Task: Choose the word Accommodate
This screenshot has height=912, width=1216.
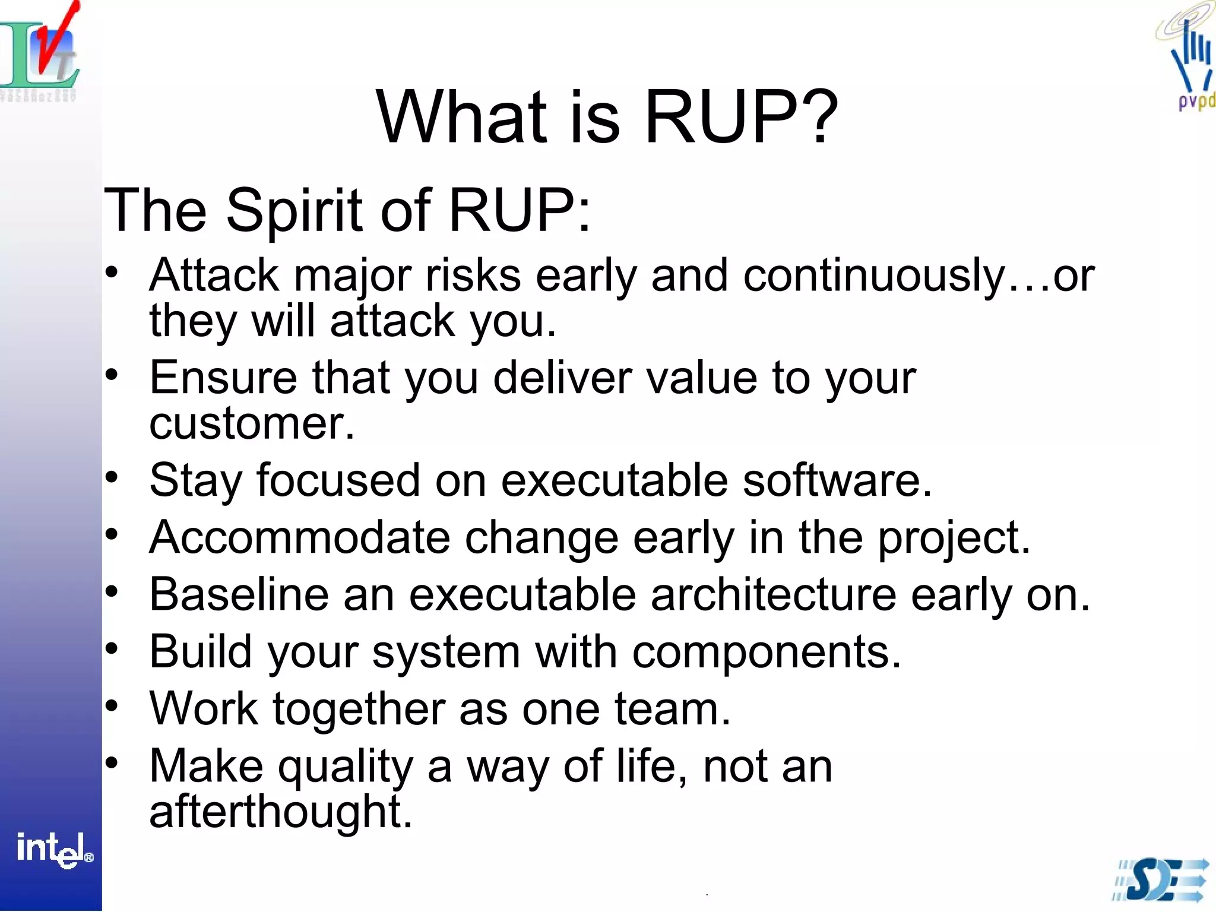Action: pos(299,537)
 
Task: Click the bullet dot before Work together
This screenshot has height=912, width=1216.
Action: pos(112,705)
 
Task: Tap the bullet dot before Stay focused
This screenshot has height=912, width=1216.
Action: pos(112,477)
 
